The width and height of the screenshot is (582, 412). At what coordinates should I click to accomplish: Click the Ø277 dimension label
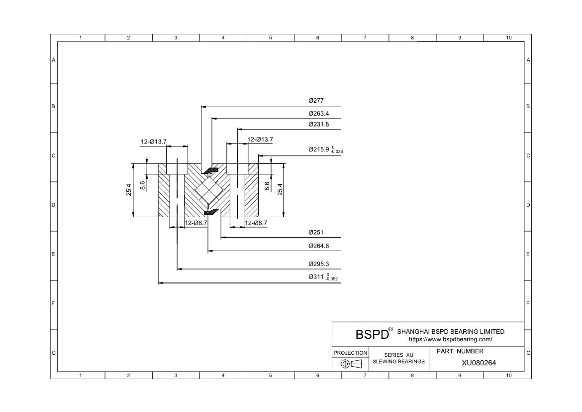[x=316, y=101]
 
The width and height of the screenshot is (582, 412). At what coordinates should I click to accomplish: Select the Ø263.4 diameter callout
[x=319, y=113]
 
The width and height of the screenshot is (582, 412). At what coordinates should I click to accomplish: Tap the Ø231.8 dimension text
[x=319, y=124]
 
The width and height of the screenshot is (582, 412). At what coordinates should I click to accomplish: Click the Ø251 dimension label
[x=316, y=232]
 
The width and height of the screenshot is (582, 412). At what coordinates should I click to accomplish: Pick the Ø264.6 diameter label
[x=319, y=246]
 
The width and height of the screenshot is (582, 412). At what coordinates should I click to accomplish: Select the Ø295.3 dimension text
[x=319, y=264]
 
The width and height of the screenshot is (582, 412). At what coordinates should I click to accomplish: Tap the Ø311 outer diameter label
[x=323, y=277]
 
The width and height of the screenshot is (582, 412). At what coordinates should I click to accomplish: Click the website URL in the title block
[x=450, y=339]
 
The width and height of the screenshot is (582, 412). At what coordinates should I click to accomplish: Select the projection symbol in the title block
[x=350, y=364]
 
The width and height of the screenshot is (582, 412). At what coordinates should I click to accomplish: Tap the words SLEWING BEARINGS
[x=398, y=361]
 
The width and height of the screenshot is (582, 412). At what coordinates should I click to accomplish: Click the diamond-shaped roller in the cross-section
[x=208, y=190]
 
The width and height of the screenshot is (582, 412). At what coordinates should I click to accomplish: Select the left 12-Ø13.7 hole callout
[x=153, y=142]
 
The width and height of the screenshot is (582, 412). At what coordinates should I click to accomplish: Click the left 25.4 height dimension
[x=129, y=190]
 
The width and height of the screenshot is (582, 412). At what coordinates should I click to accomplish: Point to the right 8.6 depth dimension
[x=267, y=186]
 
